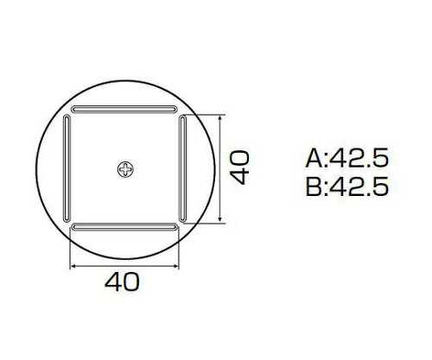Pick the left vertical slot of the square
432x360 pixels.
click(67, 168)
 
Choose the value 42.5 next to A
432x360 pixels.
click(358, 158)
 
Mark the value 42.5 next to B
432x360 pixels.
click(358, 186)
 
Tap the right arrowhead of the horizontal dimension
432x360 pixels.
click(179, 265)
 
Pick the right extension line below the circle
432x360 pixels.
click(182, 250)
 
